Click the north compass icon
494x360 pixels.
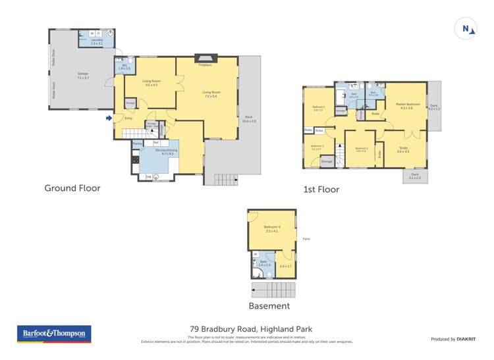pyautogui.click(x=466, y=28)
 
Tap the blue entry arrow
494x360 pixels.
pyautogui.click(x=109, y=118)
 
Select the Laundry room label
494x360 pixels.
pyautogui.click(x=97, y=41)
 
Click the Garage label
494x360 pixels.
pyautogui.click(x=83, y=74)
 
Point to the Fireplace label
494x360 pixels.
pyautogui.click(x=206, y=64)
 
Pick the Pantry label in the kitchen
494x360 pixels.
pyautogui.click(x=138, y=143)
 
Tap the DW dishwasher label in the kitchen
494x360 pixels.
pyautogui.click(x=148, y=176)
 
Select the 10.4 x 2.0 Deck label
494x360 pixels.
pyautogui.click(x=249, y=119)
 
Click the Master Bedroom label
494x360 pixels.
pyautogui.click(x=406, y=105)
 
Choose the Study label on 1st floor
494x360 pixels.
pyautogui.click(x=403, y=149)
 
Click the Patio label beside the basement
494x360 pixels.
pyautogui.click(x=306, y=239)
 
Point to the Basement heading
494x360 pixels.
pyautogui.click(x=269, y=306)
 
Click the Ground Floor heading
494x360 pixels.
pyautogui.click(x=72, y=188)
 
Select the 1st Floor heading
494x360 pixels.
pyautogui.click(x=321, y=190)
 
